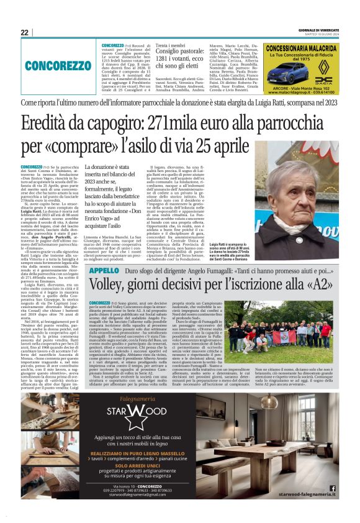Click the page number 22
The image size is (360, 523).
(25, 32)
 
